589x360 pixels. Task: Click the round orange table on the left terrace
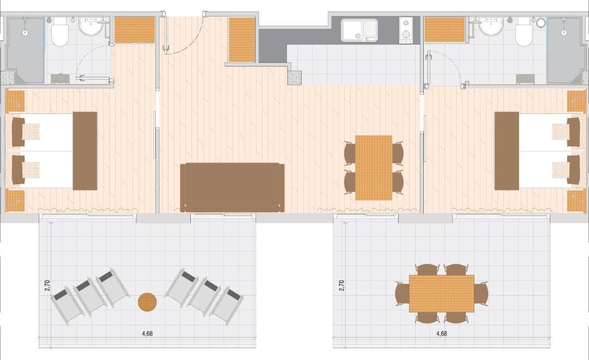pos(147,302)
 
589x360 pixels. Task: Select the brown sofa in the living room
pos(232,188)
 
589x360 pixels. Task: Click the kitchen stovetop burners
pos(406,29)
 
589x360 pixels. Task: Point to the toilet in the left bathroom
pos(60,33)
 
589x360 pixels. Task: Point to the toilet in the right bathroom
pos(525,33)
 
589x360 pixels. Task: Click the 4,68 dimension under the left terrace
pos(147,333)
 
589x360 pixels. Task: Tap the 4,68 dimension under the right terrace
pos(441,333)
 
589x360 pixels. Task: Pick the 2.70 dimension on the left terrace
pos(47,286)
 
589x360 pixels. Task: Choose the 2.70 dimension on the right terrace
pos(341,286)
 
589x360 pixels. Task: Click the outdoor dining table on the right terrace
pos(441,293)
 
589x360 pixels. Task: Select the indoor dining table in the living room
pos(374,167)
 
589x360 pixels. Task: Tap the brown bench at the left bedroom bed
pos(85,151)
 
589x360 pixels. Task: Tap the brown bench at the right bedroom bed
pos(507,151)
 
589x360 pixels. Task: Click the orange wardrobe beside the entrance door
pos(242,39)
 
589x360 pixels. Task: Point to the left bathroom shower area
pos(26,50)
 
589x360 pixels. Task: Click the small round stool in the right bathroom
pos(540,23)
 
